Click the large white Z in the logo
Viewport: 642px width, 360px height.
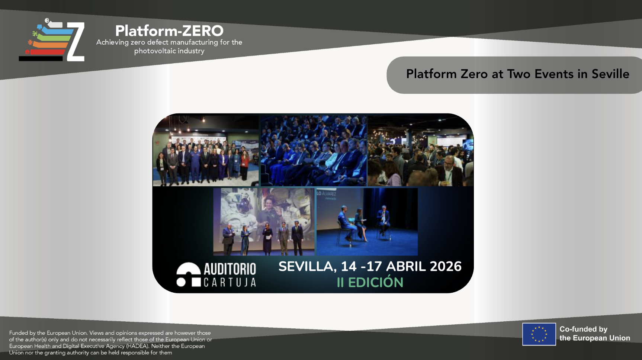[x=76, y=42]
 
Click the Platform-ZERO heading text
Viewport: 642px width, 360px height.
[x=169, y=30]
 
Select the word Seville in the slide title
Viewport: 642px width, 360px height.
[x=610, y=74]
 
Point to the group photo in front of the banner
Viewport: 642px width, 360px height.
[x=206, y=151]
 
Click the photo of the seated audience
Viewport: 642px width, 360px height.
[x=314, y=151]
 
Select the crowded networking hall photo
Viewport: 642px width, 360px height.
[x=421, y=151]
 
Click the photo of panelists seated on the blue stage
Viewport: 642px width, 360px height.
[x=367, y=222]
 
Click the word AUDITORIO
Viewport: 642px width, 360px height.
[x=230, y=269]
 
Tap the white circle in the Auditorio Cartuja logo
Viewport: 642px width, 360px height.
[x=181, y=282]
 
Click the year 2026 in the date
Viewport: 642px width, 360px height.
[x=446, y=266]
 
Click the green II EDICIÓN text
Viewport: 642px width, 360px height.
[x=370, y=282]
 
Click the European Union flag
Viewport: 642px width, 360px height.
[x=539, y=334]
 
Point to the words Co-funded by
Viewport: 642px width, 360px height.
[x=583, y=329]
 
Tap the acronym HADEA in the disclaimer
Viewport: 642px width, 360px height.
[x=137, y=346]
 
